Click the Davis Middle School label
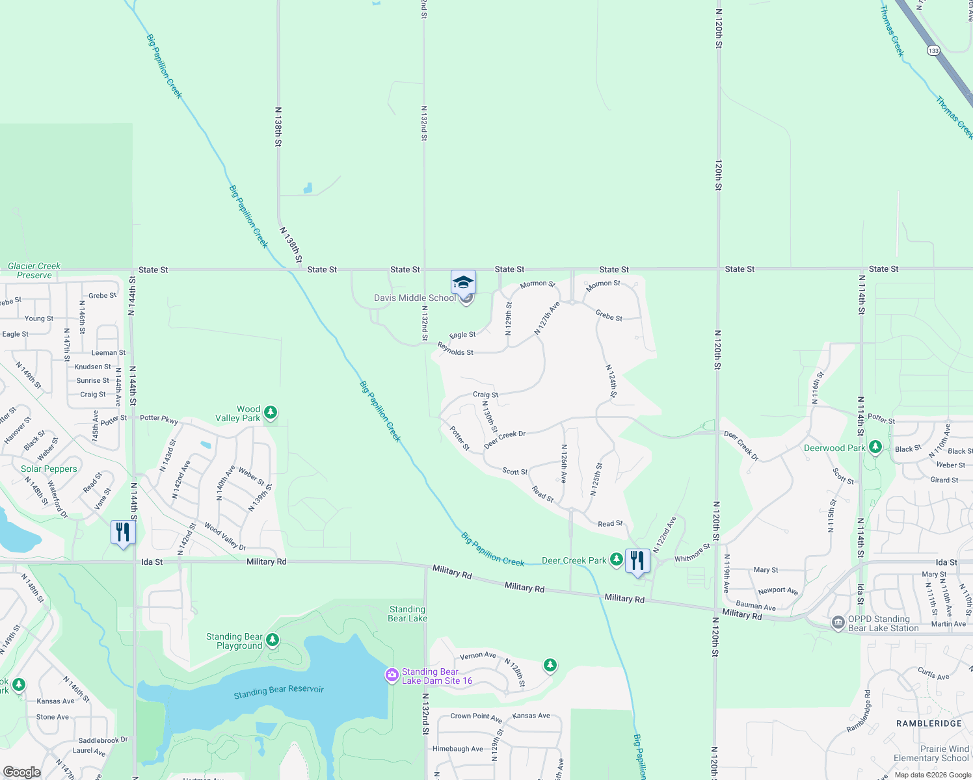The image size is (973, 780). point(414,298)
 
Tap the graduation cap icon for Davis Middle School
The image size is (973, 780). point(463,282)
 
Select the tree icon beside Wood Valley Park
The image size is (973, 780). point(271,412)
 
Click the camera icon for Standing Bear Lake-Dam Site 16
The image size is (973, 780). point(392,675)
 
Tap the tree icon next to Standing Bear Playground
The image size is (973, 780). point(273,640)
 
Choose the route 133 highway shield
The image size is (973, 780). point(934,51)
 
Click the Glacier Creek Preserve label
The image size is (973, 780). point(34,270)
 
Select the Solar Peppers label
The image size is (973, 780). point(49,469)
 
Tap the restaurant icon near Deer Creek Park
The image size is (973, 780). point(637,560)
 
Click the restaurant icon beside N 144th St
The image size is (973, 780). point(123,532)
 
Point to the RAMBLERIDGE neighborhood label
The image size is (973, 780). point(929,723)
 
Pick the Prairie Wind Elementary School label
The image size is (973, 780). point(931,753)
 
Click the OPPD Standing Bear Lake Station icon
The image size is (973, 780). point(838,623)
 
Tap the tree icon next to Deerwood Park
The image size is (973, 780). point(875,447)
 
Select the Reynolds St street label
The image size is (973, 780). point(455,349)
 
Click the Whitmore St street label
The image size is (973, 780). point(692,553)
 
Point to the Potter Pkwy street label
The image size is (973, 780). point(159,419)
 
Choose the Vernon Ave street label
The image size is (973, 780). point(478,656)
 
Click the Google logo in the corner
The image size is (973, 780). point(22,772)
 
